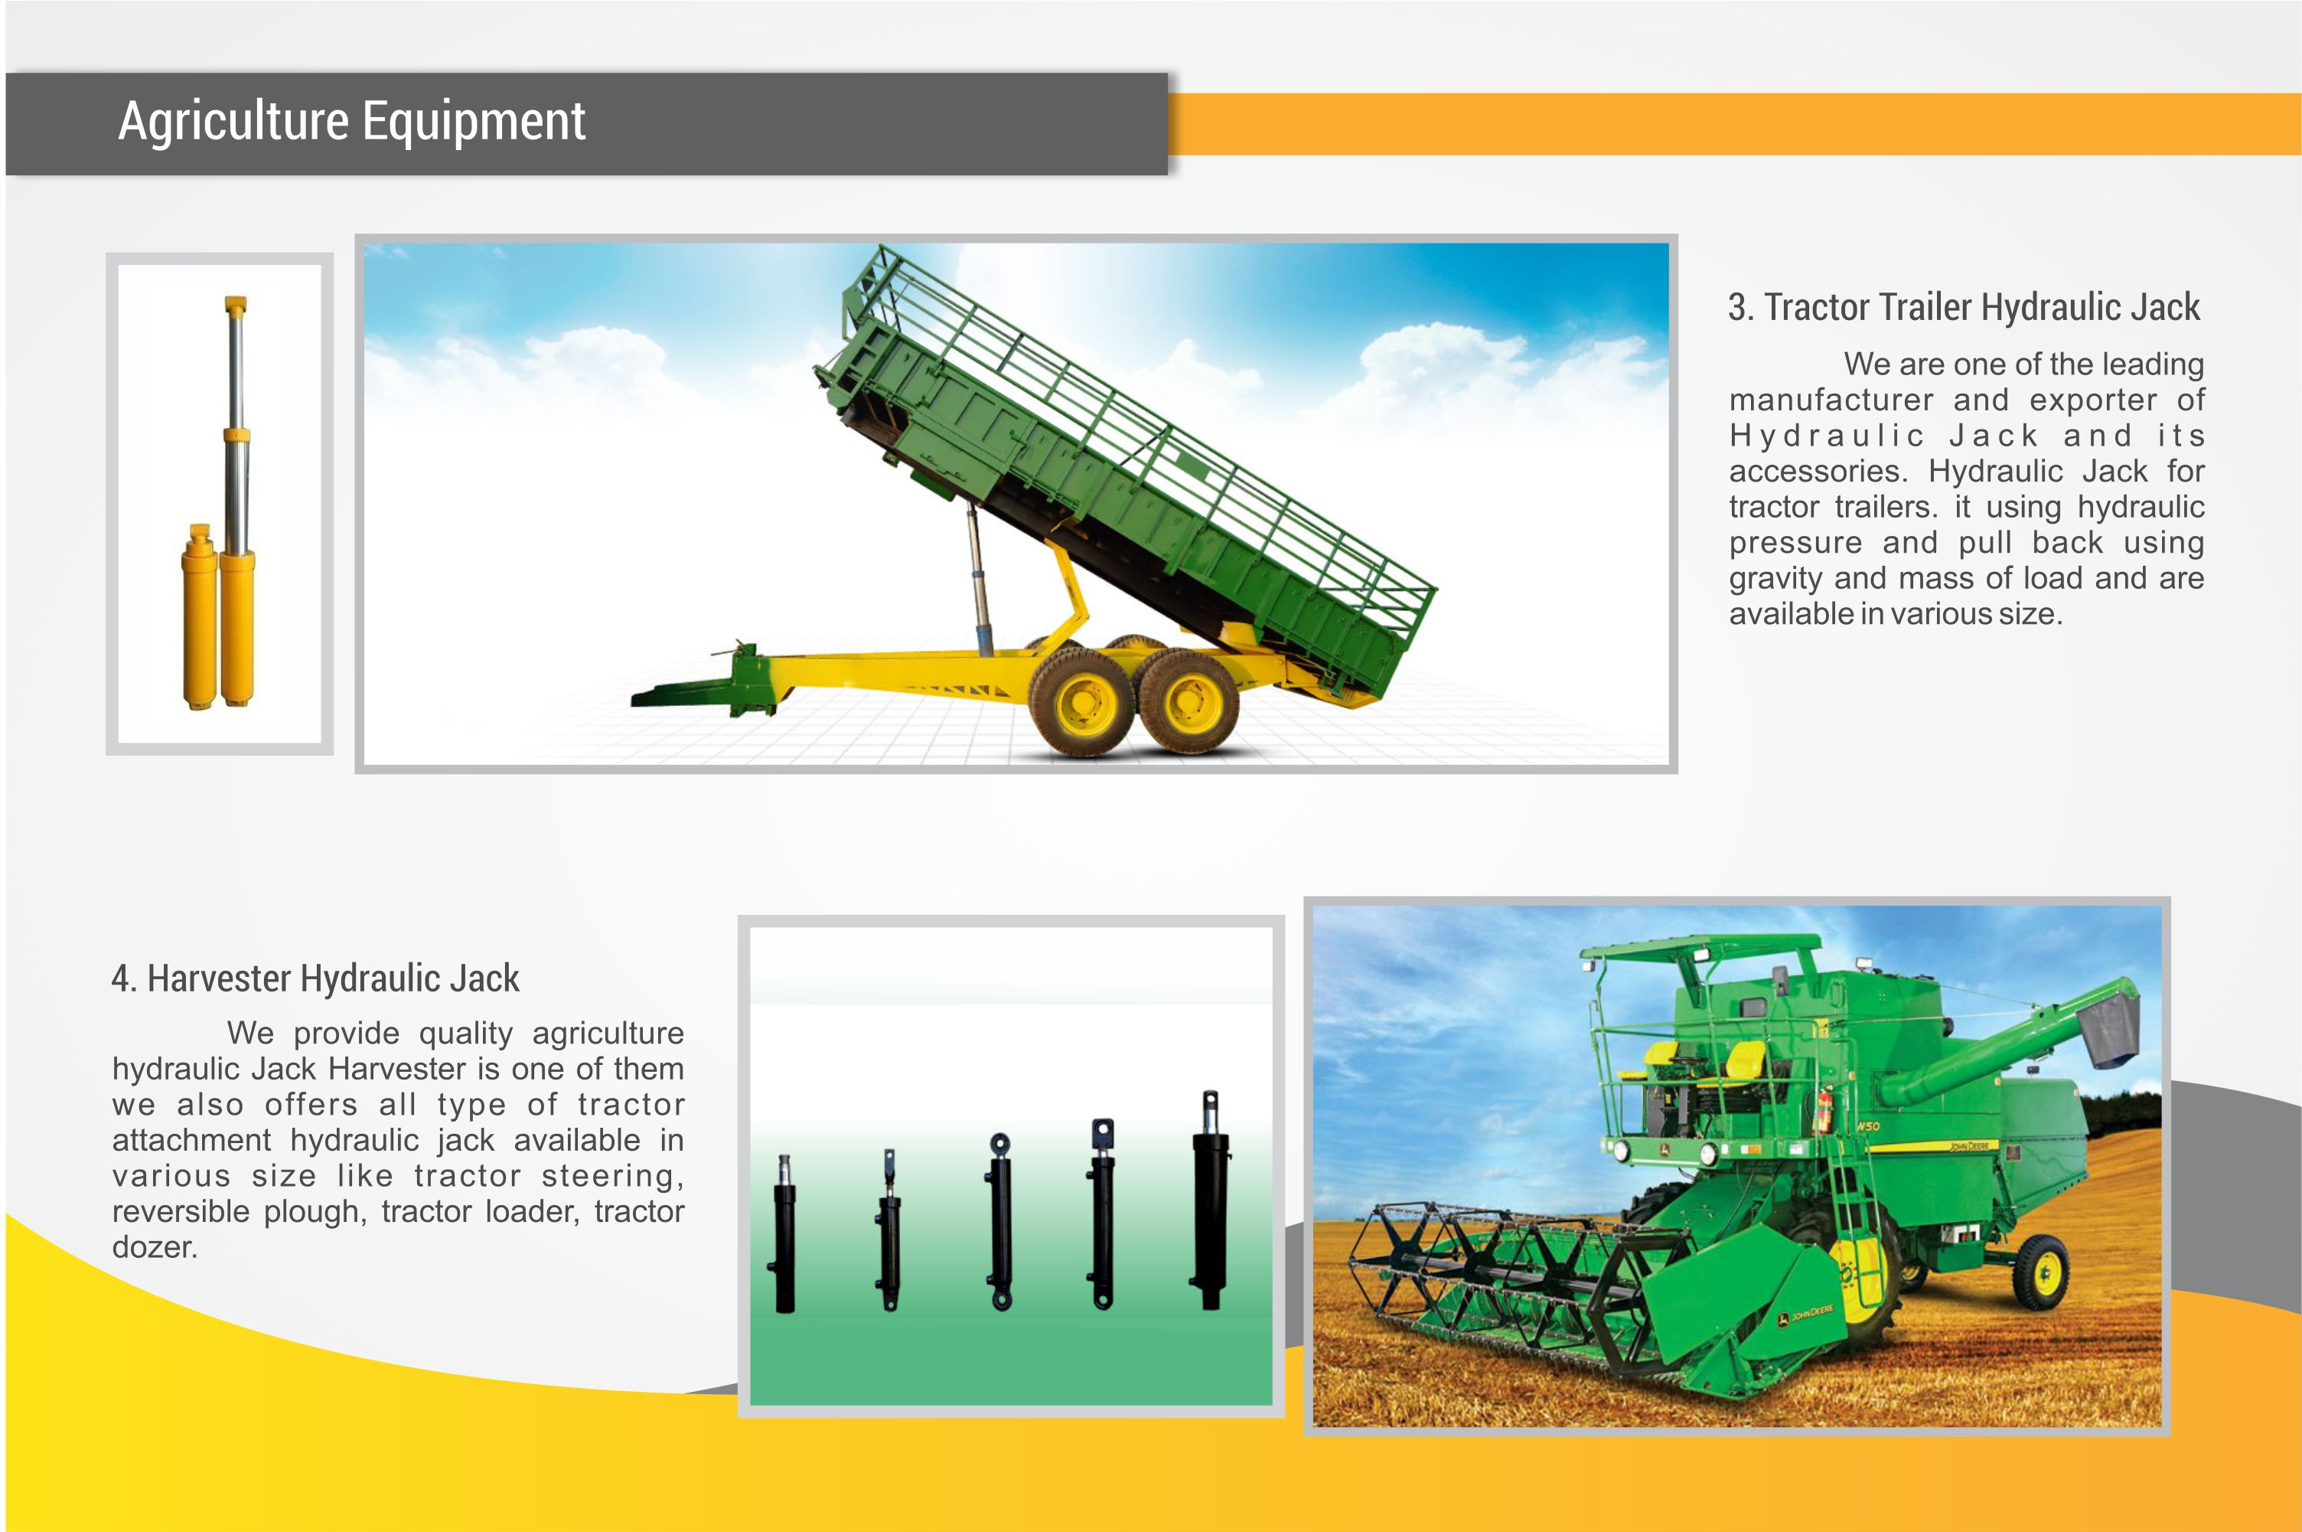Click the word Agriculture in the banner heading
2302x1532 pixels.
(x=233, y=122)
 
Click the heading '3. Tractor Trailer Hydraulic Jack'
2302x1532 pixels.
(x=1963, y=308)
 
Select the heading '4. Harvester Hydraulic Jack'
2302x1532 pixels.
(x=315, y=978)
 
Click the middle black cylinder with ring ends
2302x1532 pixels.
(x=1000, y=1221)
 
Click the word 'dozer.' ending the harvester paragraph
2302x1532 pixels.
(x=155, y=1248)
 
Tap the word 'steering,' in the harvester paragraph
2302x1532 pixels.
(x=612, y=1176)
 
